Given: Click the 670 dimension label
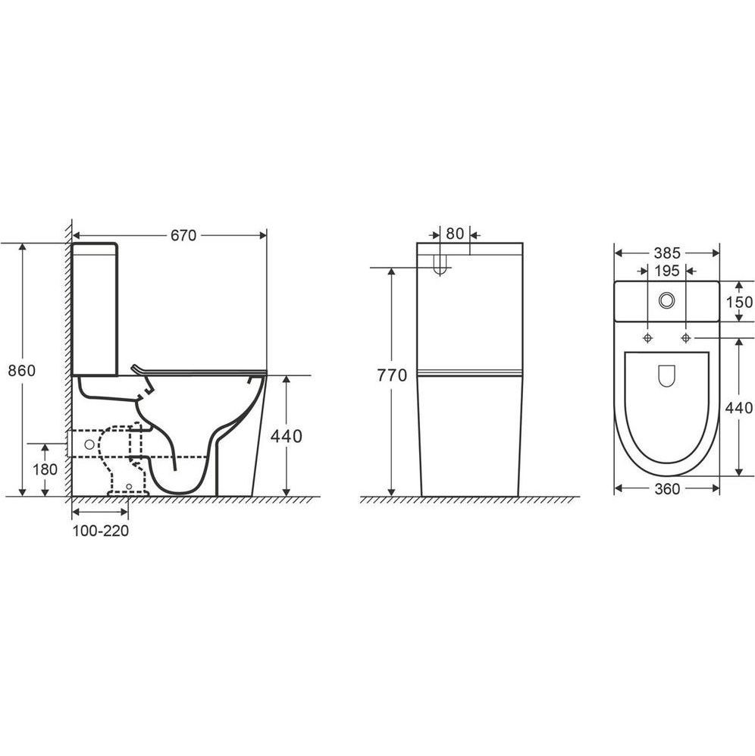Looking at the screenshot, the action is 183,235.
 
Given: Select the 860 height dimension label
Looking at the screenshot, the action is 22,370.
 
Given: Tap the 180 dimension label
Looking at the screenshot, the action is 45,469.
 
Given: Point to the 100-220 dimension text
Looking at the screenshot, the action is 101,530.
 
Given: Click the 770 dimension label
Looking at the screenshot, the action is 392,375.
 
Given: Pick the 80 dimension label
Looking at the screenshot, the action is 455,234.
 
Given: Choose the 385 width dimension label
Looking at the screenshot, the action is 667,253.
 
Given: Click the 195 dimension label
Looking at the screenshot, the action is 667,271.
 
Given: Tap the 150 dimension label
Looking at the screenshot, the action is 739,302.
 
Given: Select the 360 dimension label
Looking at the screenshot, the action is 667,489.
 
